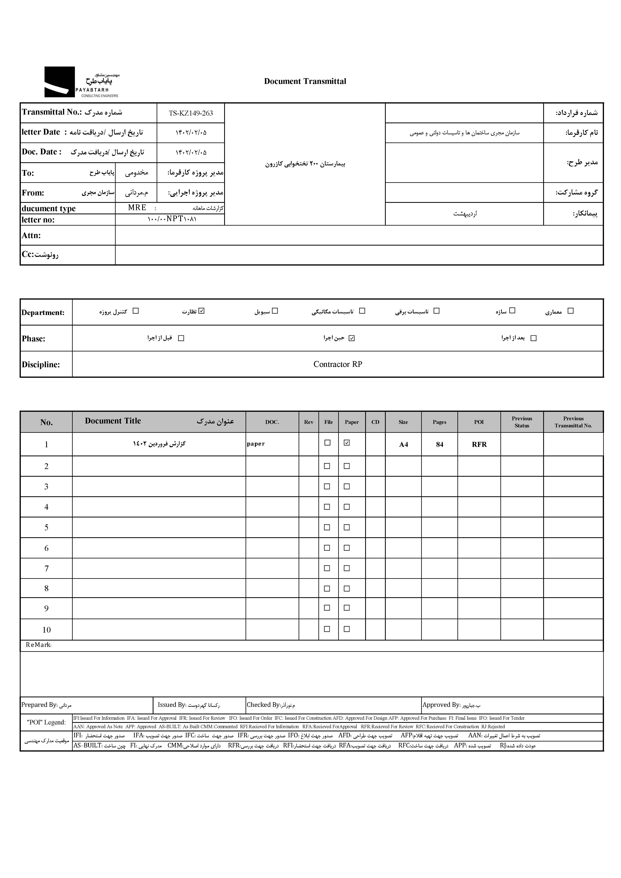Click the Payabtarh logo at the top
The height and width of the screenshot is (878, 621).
[x=82, y=82]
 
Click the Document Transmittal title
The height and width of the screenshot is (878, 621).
[x=305, y=81]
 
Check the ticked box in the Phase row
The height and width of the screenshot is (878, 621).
[x=352, y=338]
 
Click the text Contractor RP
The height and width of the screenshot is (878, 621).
[x=337, y=364]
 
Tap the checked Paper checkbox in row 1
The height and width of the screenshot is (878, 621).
[x=347, y=442]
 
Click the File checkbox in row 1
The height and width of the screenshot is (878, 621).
[x=328, y=442]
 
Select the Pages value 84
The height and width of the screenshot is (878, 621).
[x=439, y=444]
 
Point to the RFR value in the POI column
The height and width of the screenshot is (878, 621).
[x=479, y=444]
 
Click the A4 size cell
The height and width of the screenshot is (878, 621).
[x=403, y=444]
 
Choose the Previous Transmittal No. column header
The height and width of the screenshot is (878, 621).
[x=573, y=422]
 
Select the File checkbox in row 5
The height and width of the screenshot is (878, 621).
[x=327, y=527]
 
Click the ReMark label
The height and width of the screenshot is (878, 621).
[x=38, y=645]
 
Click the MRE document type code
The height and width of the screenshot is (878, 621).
[x=137, y=208]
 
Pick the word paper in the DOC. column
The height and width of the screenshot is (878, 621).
[x=256, y=444]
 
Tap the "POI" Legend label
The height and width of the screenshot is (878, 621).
[x=46, y=722]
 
